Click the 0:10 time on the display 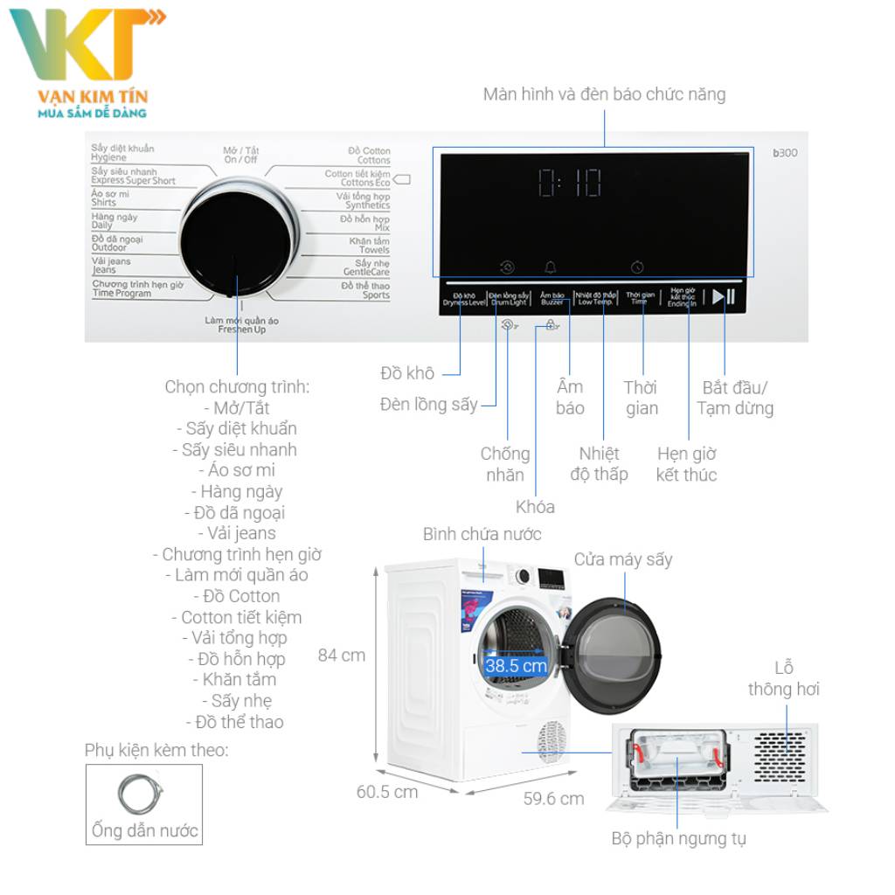(569, 183)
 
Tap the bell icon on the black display (551, 267)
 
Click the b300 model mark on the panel (785, 153)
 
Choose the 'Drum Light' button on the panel (508, 298)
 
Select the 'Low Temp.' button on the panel (597, 298)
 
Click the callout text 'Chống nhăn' (505, 464)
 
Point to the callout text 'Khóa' (535, 507)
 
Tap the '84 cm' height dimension (342, 655)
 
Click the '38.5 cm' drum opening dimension (516, 666)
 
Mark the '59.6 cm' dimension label (553, 798)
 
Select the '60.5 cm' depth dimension (387, 792)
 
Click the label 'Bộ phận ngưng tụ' (678, 839)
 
